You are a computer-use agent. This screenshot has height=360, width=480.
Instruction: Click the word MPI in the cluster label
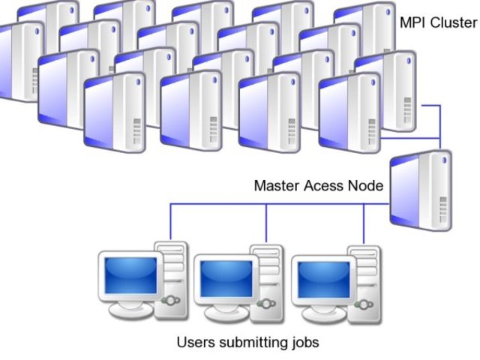tap(413, 22)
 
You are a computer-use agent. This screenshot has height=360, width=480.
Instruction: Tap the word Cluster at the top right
tap(454, 22)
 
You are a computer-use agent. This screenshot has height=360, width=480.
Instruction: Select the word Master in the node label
tap(275, 185)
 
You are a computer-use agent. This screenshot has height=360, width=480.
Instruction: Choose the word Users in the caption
tap(193, 343)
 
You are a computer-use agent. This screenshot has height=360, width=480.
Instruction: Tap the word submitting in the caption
tap(250, 343)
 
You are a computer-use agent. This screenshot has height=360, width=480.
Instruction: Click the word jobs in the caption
tap(303, 343)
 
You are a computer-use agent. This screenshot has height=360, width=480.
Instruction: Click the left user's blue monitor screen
tap(130, 274)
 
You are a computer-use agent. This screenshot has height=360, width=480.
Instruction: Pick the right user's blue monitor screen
tap(322, 278)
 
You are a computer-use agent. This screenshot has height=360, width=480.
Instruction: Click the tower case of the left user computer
tap(172, 274)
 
